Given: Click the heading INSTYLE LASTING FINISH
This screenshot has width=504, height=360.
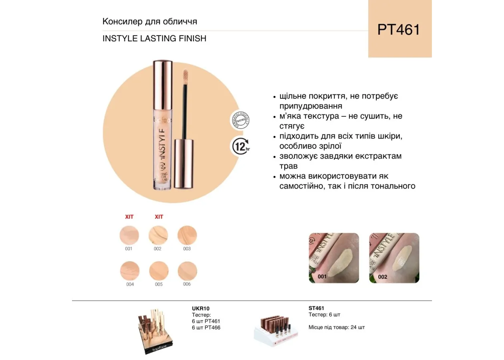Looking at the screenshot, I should [154, 39].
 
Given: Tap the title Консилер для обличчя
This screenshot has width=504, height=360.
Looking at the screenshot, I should [150, 22].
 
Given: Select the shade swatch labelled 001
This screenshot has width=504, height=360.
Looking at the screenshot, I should [129, 235].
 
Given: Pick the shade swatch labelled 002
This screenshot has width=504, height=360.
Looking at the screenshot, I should [158, 235].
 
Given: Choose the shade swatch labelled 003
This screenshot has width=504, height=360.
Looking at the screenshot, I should [187, 235].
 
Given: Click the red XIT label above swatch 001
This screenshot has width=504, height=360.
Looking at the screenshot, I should [129, 217].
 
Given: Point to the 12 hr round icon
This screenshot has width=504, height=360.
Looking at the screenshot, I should [241, 146].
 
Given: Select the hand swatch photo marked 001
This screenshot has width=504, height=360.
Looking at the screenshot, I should [334, 258].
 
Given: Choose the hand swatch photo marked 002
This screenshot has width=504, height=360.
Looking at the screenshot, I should [394, 258].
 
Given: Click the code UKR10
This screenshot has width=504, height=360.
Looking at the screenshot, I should [201, 308].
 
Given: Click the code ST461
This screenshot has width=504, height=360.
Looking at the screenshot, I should [316, 308].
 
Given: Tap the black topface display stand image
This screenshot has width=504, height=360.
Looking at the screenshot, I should [154, 331].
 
